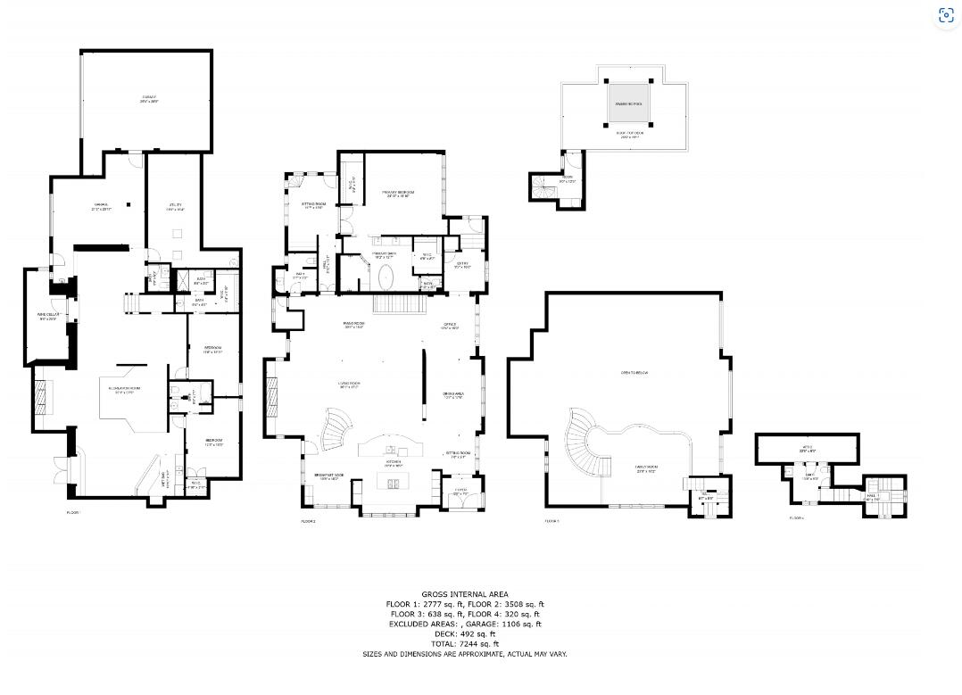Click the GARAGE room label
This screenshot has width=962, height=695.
click(x=148, y=98)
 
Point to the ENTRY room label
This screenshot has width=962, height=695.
click(x=462, y=265)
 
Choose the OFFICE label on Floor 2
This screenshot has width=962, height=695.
click(x=451, y=326)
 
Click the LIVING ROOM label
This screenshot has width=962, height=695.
click(x=348, y=385)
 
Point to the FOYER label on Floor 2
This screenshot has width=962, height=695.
click(x=461, y=491)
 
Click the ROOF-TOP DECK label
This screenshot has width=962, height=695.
click(x=630, y=136)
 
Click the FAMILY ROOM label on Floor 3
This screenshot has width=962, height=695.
click(x=646, y=469)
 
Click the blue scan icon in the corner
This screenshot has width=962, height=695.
click(x=946, y=15)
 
